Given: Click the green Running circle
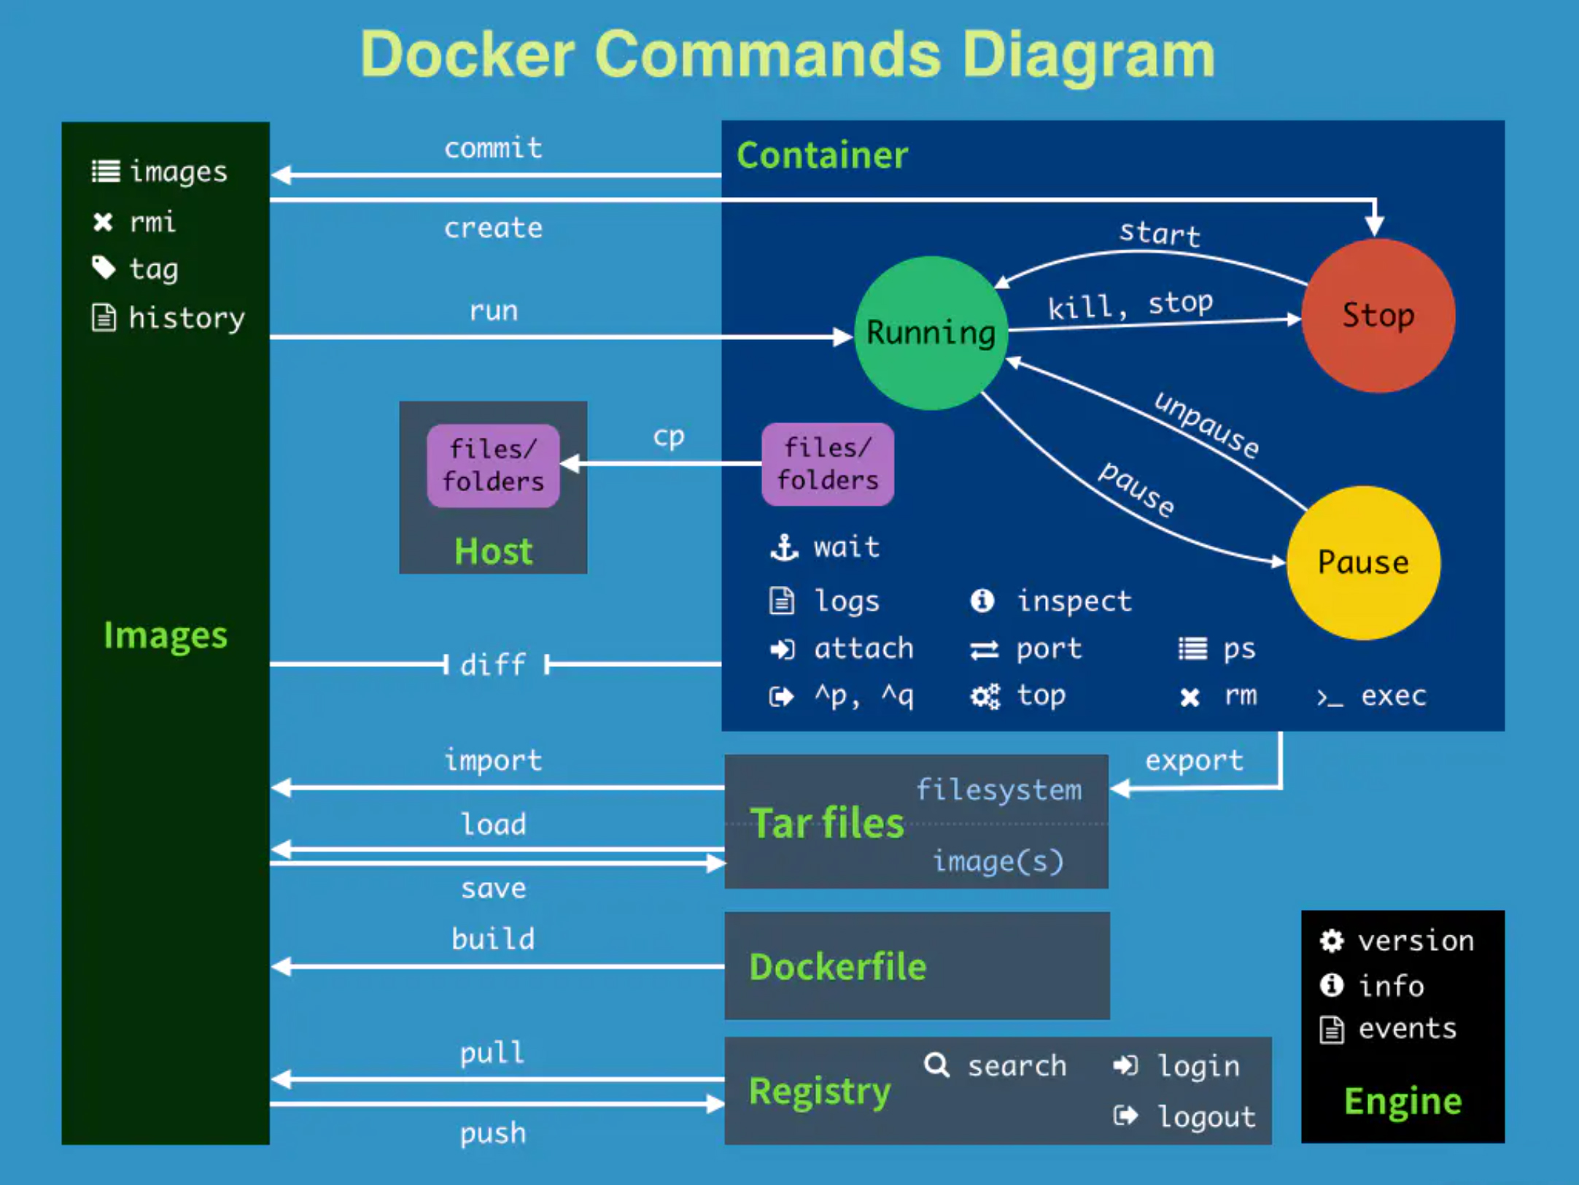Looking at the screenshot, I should (931, 333).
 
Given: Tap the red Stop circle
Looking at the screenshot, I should (1378, 315).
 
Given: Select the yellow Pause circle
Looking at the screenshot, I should (1362, 563).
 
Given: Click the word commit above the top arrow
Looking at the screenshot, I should (494, 148).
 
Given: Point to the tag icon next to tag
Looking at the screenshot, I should (104, 268).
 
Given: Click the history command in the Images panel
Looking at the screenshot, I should (187, 318).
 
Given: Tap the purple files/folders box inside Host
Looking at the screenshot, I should (493, 466).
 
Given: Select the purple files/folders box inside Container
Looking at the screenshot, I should (828, 464).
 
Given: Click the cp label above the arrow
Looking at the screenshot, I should (668, 436).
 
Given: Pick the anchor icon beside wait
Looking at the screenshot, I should (784, 547).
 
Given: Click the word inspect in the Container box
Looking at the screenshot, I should (1074, 601).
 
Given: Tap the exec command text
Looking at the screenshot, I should (1393, 696).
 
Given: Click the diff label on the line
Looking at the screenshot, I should (494, 665).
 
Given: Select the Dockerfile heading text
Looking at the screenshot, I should (837, 967).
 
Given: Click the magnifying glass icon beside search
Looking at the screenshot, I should (936, 1065).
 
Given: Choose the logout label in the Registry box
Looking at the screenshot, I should (1207, 1116).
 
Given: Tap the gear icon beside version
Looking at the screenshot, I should (1332, 941).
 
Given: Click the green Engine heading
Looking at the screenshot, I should (1403, 1101).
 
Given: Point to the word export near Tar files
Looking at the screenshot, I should (1194, 761).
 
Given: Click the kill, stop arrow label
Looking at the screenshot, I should (1130, 305).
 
